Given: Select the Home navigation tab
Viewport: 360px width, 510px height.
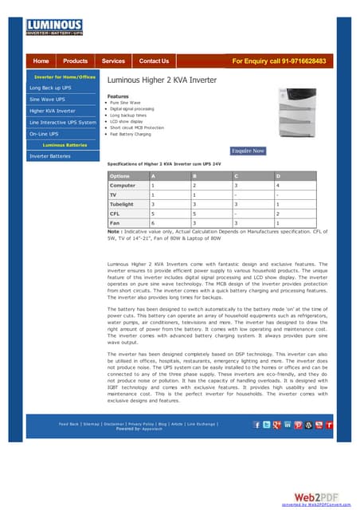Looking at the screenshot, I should point(41,61).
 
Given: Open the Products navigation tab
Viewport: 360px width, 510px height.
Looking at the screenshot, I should point(76,61).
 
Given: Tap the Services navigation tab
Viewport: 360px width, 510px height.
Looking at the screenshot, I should point(113,61).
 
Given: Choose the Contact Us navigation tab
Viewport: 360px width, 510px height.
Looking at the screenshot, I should point(154,61).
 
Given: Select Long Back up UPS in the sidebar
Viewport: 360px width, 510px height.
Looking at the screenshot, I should point(50,87).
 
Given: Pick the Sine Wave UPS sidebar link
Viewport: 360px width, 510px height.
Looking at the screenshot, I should point(47,99).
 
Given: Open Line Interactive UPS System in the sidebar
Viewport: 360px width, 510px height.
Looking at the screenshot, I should point(62,123).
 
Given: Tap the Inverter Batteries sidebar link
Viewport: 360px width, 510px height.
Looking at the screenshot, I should point(49,156).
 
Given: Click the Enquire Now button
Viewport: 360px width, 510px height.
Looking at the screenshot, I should point(248,151).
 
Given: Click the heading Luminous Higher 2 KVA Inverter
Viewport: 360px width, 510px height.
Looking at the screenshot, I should point(162,80).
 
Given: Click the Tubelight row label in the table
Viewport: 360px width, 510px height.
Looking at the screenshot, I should point(123,204).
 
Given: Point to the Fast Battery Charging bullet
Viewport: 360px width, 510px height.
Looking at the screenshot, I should point(131,134).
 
